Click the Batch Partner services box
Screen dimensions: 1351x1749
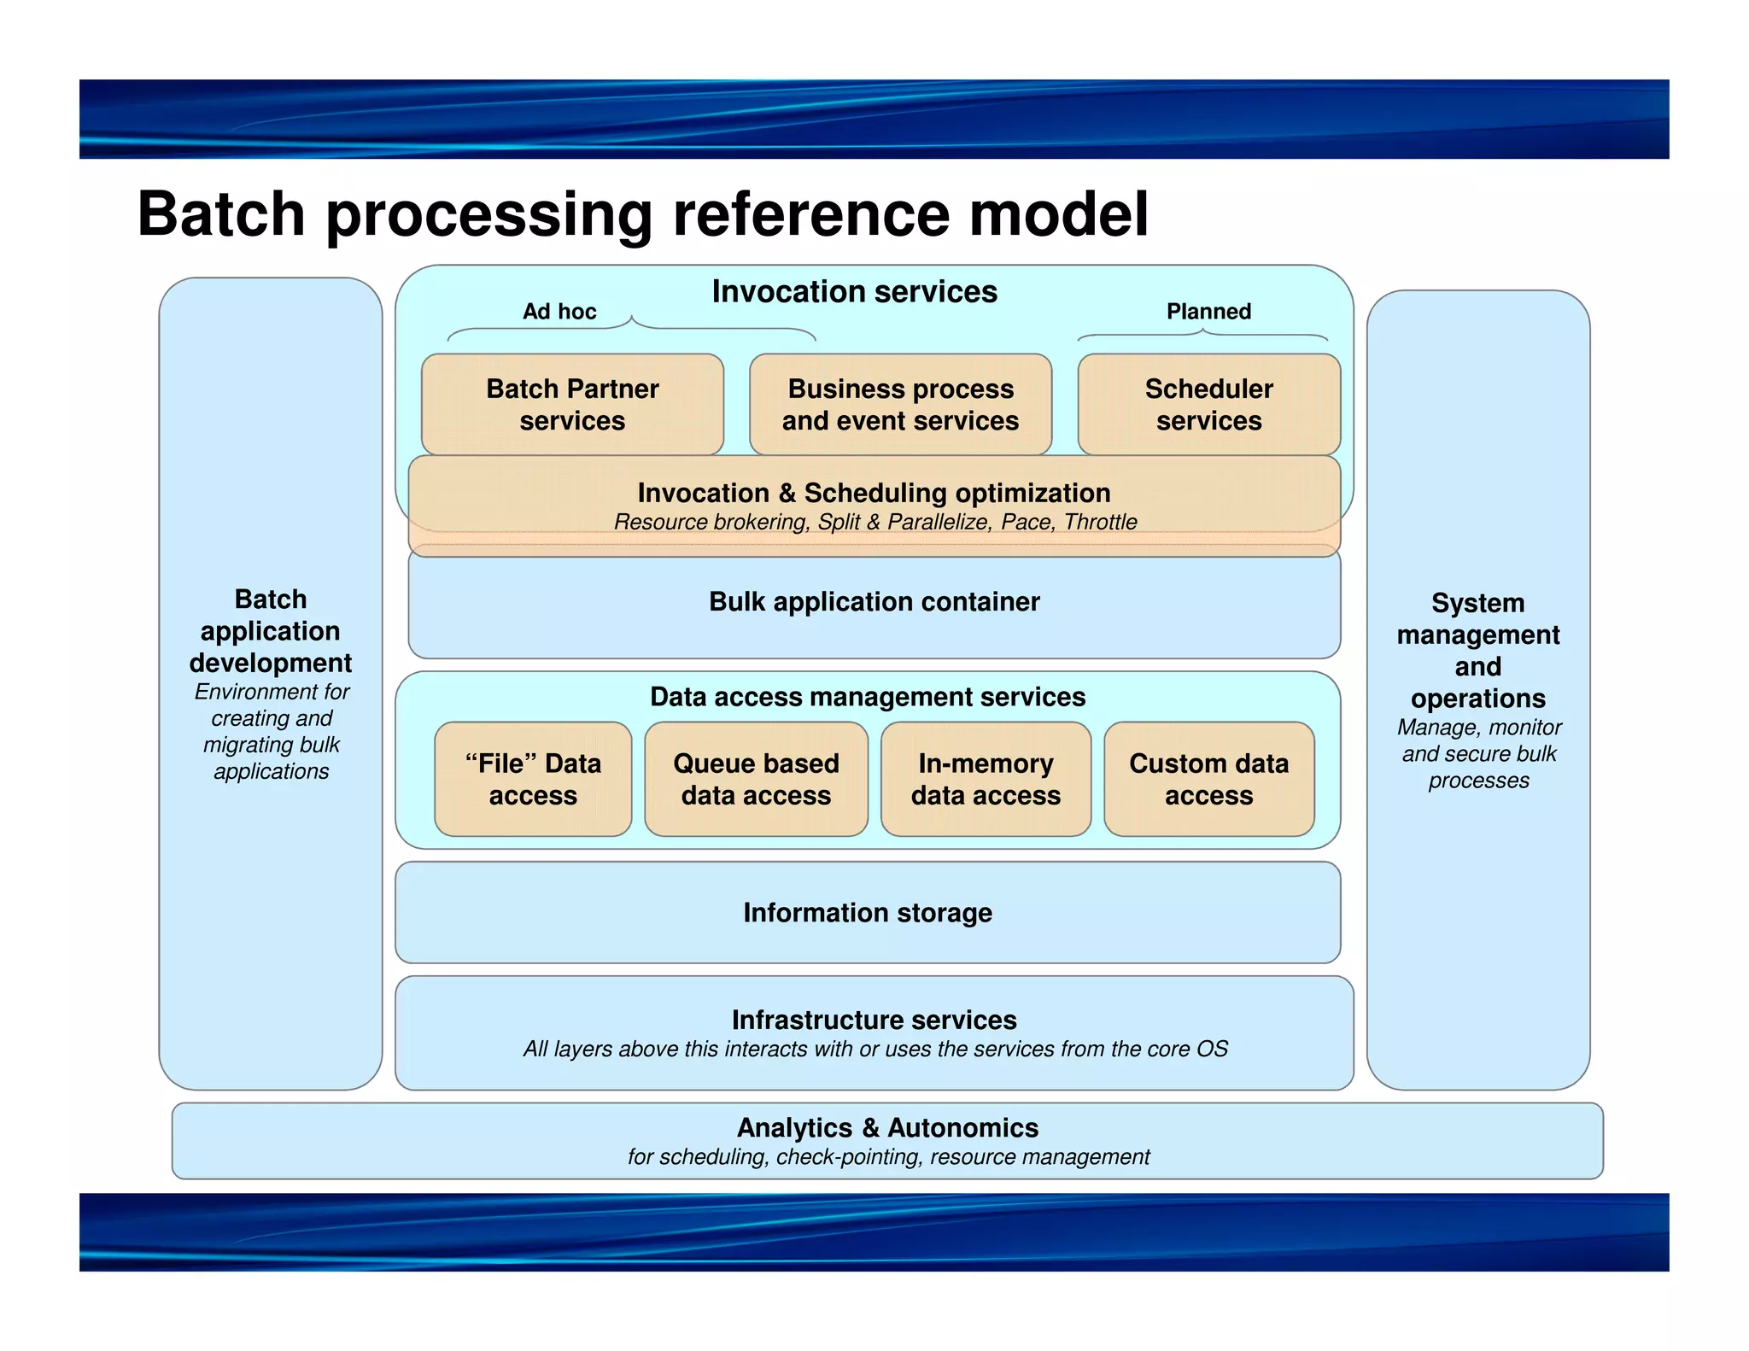[572, 404]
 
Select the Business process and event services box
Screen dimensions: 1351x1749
[900, 404]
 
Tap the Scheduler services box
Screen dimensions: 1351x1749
[1208, 404]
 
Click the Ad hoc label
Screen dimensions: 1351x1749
[559, 312]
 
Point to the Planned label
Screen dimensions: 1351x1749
[1208, 312]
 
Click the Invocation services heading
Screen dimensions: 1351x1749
[854, 292]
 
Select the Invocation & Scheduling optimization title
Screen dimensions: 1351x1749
[874, 493]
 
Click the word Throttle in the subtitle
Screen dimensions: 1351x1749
[1100, 522]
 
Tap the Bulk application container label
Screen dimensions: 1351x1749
[874, 602]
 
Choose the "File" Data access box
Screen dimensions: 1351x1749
[533, 779]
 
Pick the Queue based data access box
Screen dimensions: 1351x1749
[756, 779]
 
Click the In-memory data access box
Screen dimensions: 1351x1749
[986, 779]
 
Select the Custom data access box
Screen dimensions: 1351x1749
[1208, 779]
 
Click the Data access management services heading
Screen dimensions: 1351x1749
[867, 697]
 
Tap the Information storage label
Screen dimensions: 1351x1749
[867, 913]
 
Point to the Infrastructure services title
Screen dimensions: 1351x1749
[874, 1020]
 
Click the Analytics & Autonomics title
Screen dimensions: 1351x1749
[887, 1128]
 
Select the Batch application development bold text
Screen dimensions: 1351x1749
[271, 631]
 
